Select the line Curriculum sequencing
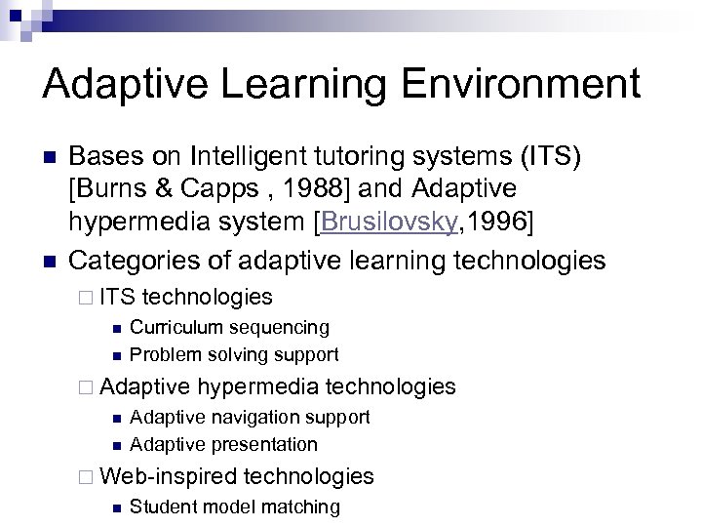(x=229, y=327)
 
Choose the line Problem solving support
(x=234, y=354)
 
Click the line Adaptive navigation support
(x=250, y=417)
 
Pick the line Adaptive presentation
(x=223, y=444)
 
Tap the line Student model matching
(x=234, y=507)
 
